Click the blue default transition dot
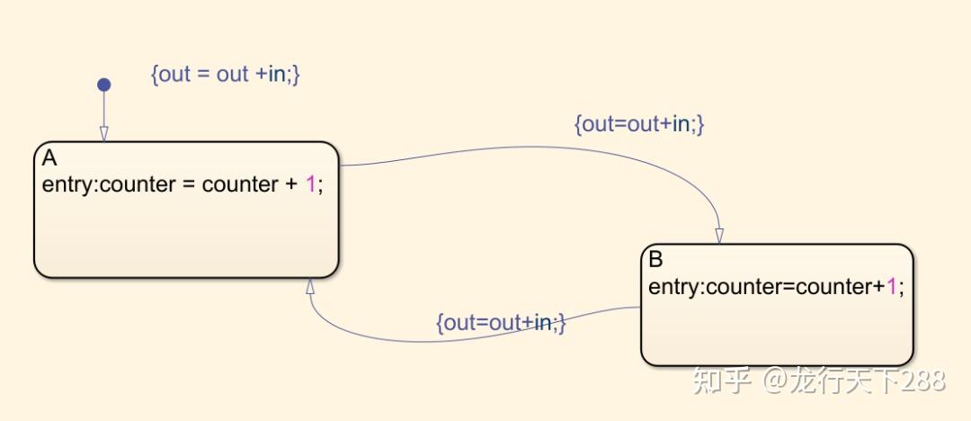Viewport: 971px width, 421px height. (x=103, y=85)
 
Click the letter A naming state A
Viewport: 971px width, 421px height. (x=49, y=158)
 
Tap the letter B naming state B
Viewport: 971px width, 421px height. (x=655, y=260)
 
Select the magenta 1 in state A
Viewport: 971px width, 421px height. (x=310, y=184)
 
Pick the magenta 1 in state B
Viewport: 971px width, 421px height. (x=892, y=287)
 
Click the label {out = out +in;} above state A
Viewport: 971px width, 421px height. (x=225, y=74)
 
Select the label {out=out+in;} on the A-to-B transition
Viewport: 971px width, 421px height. (x=638, y=124)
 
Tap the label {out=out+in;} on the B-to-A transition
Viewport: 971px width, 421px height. (x=501, y=322)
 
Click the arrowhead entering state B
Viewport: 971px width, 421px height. (x=719, y=236)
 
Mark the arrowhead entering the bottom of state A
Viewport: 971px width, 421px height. (x=309, y=286)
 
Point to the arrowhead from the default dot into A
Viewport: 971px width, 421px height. (x=103, y=133)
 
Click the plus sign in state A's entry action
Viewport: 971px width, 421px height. (x=290, y=184)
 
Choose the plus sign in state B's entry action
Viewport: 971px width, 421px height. (x=879, y=287)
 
